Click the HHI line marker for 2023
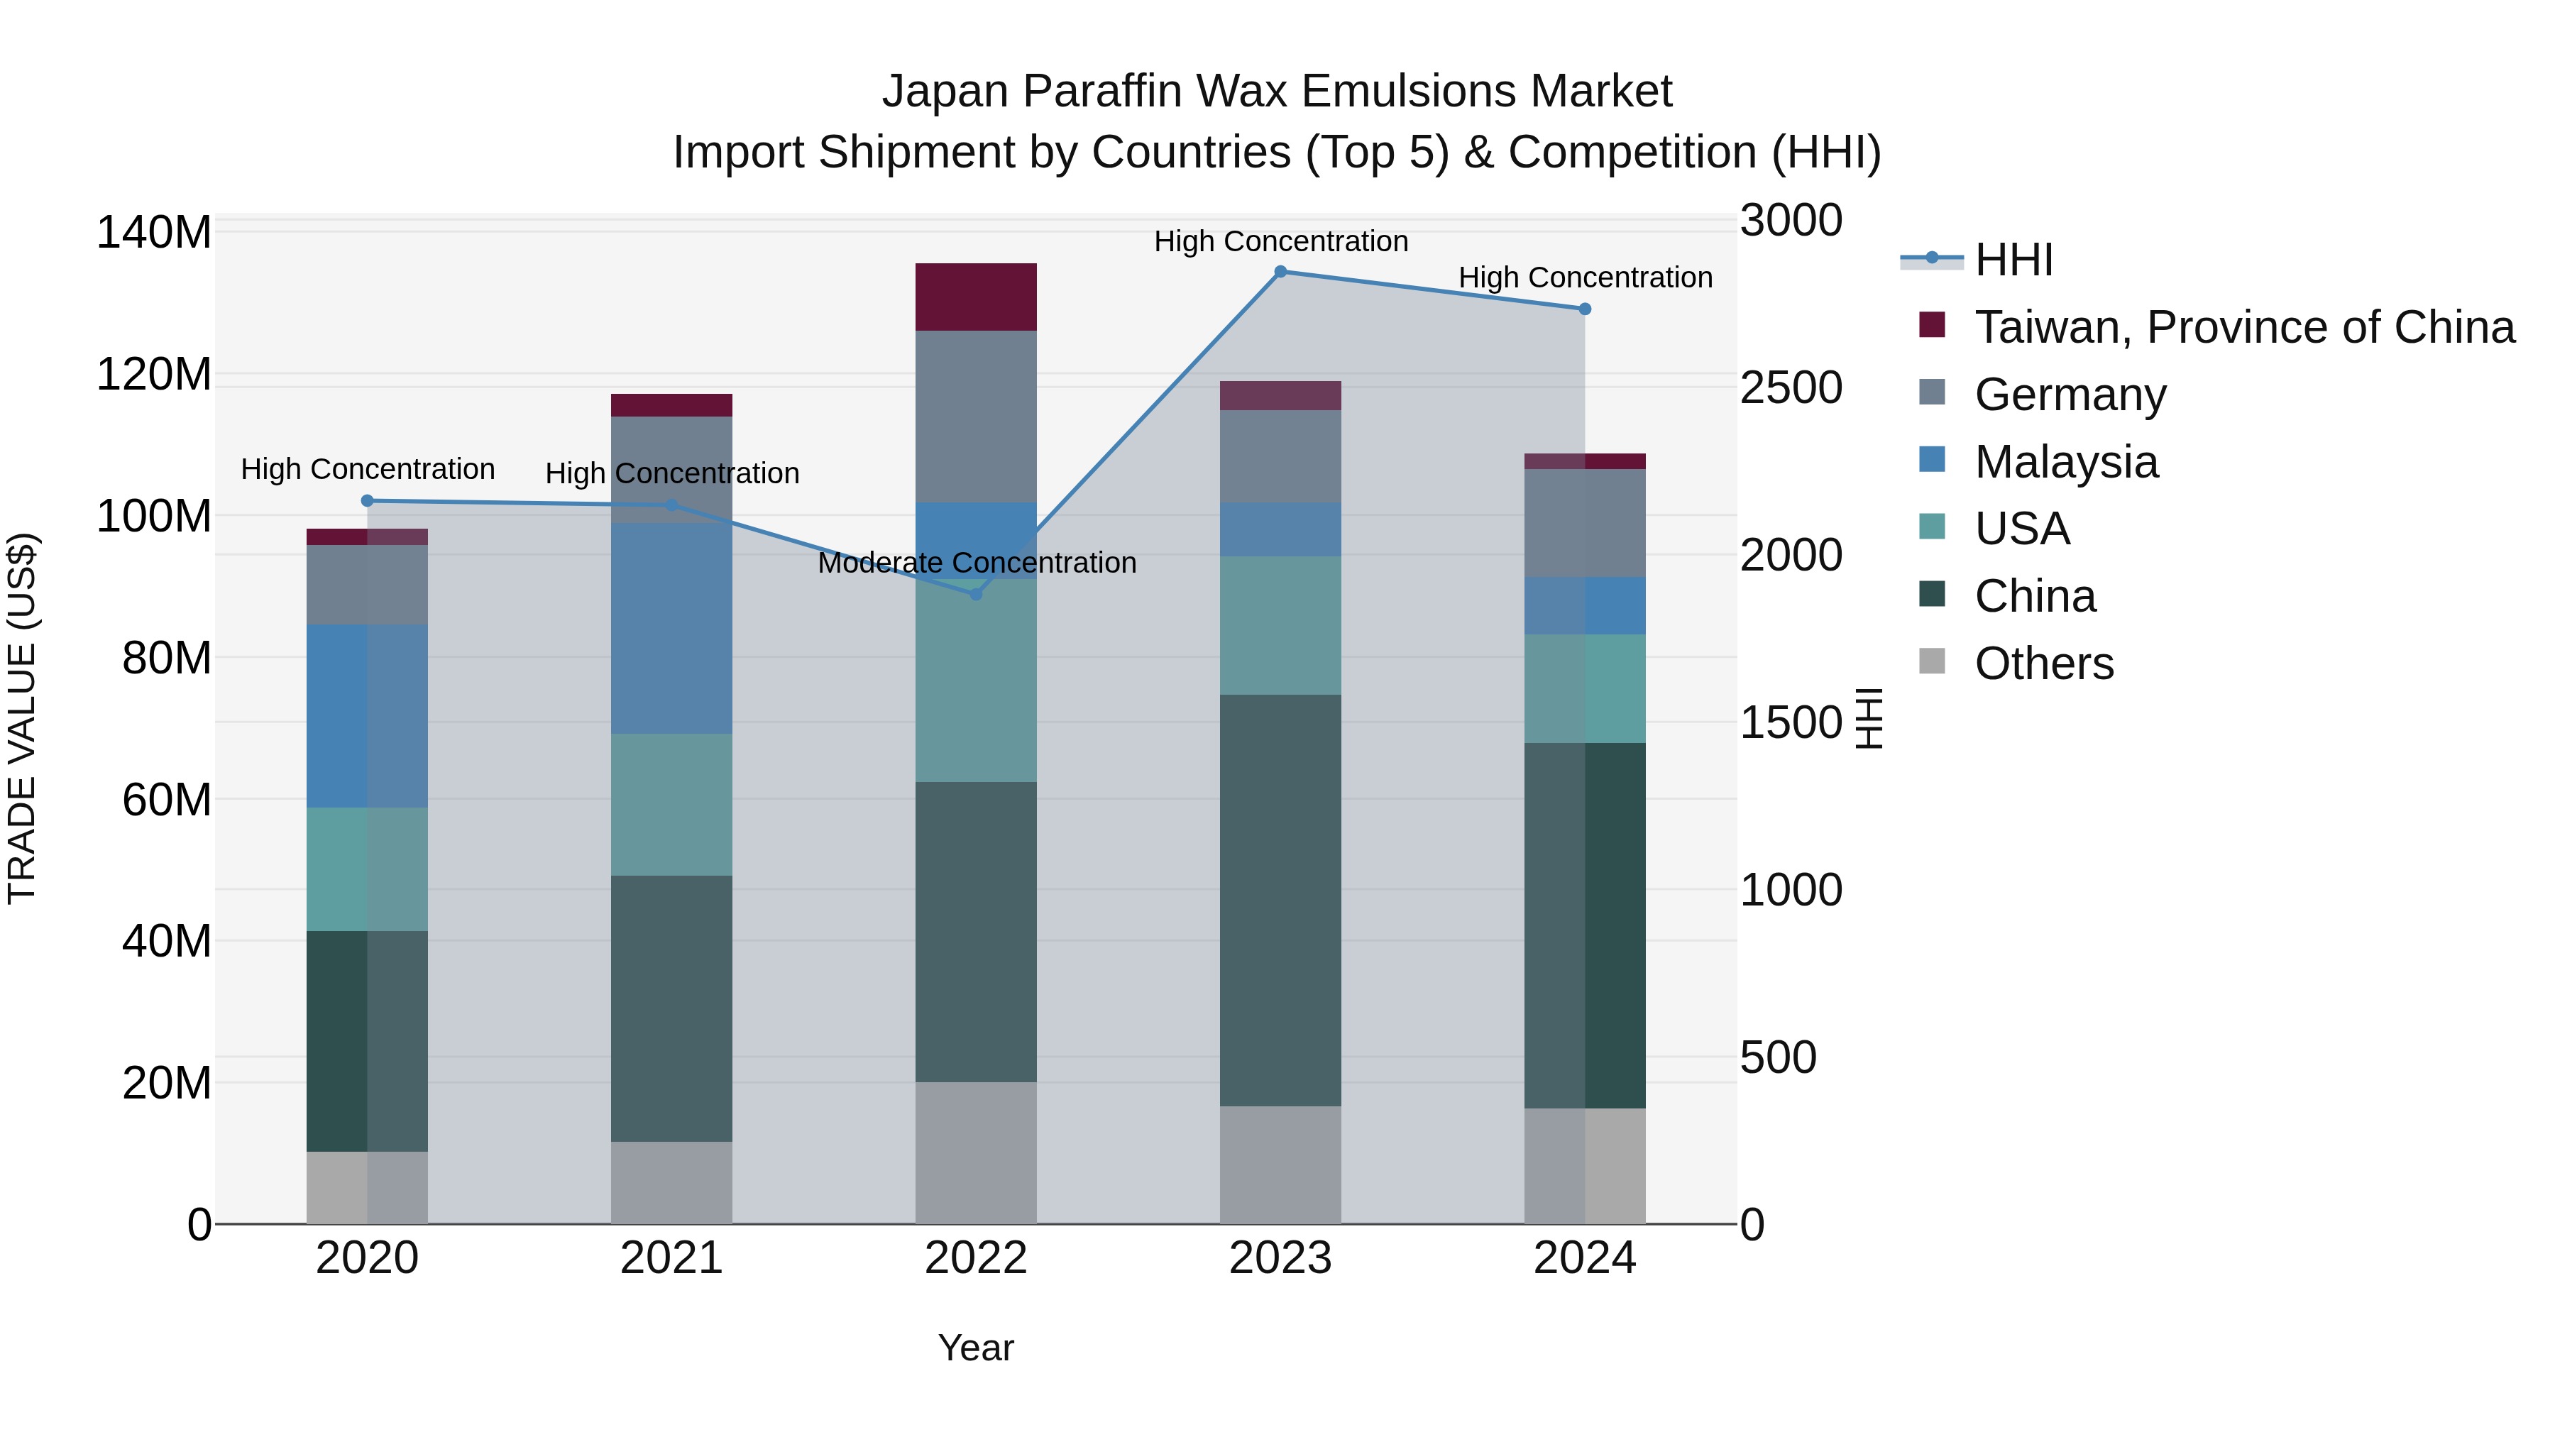pos(1280,272)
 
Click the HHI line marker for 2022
pos(975,594)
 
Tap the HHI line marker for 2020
pos(367,501)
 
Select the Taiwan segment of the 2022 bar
pos(975,297)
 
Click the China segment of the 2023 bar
pos(1280,900)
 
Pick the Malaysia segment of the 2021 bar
pos(671,628)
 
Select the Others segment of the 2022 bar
pos(975,1152)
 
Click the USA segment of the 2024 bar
pos(1584,688)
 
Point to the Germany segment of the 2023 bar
pos(1280,456)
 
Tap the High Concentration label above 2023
pos(1280,241)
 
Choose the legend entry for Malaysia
pos(2065,462)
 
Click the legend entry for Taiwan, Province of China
pos(2243,327)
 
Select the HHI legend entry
pos(2013,260)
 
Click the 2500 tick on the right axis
pos(1791,387)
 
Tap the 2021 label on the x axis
pos(671,1258)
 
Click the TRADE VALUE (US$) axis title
pos(22,718)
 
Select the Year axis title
pos(975,1348)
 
